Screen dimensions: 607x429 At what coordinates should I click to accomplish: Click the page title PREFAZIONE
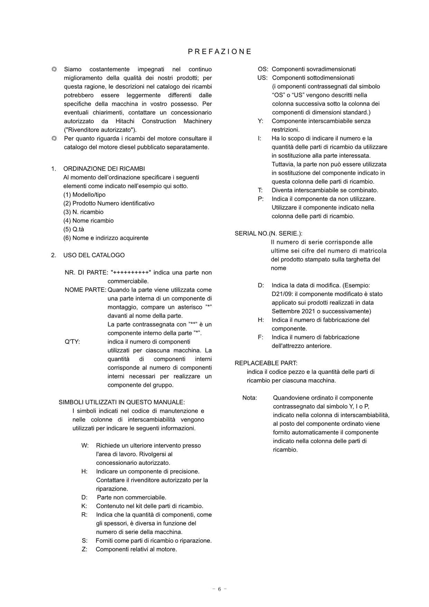pos(220,52)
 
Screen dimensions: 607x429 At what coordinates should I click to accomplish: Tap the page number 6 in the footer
pos(219,589)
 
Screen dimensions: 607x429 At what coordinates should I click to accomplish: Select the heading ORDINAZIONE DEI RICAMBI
pos(104,169)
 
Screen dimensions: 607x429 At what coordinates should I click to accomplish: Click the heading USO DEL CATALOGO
pos(94,255)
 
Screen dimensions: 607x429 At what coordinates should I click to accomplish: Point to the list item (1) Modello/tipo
pos(84,195)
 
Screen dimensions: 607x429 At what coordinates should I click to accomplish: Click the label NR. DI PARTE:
pos(86,273)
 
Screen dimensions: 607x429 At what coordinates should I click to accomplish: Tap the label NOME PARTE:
pos(85,290)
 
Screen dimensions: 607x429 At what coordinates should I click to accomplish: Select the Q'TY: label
pos(72,341)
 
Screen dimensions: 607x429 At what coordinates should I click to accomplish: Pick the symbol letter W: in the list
pos(85,445)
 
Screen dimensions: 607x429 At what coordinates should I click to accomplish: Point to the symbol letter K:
pos(84,506)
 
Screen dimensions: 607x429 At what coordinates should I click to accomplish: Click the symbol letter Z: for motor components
pos(84,549)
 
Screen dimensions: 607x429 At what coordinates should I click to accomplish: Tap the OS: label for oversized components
pos(263,69)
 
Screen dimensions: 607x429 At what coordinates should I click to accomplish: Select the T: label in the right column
pos(260,190)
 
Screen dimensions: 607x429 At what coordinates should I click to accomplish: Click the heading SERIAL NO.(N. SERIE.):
pos(268,233)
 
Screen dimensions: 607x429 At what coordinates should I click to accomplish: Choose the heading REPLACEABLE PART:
pos(266,363)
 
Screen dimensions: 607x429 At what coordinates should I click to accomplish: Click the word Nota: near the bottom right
pos(250,398)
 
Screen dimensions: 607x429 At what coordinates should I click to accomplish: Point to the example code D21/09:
pos(282,294)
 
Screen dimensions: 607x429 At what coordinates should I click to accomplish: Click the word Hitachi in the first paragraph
pos(124,121)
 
